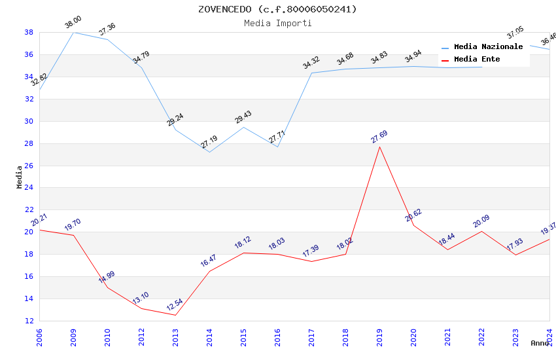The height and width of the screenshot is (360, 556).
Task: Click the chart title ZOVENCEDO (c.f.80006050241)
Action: pyautogui.click(x=278, y=9)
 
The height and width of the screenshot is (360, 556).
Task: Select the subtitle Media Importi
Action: pyautogui.click(x=278, y=23)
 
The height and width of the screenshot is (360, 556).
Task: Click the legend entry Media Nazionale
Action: pyautogui.click(x=488, y=47)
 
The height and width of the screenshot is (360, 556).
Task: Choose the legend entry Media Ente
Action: pyautogui.click(x=477, y=60)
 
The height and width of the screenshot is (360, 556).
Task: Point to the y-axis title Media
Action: pyautogui.click(x=20, y=177)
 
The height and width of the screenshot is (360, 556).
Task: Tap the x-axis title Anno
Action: pyautogui.click(x=540, y=343)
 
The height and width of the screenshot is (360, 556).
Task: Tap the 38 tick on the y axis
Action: pyautogui.click(x=29, y=32)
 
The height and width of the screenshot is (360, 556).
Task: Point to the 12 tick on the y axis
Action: pyautogui.click(x=29, y=321)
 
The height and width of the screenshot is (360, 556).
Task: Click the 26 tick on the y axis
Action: pyautogui.click(x=29, y=166)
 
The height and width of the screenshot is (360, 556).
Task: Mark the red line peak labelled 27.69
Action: pyautogui.click(x=379, y=147)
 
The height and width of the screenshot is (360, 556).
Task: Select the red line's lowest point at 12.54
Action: pyautogui.click(x=175, y=315)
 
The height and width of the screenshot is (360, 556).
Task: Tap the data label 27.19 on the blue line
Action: pyautogui.click(x=209, y=142)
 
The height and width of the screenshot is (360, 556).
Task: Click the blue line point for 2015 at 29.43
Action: pyautogui.click(x=243, y=127)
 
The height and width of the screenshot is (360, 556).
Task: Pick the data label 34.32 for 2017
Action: pyautogui.click(x=311, y=63)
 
